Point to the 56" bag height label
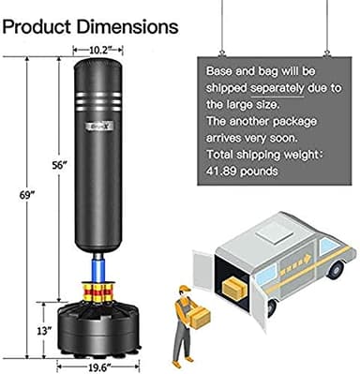[x=59, y=166]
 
